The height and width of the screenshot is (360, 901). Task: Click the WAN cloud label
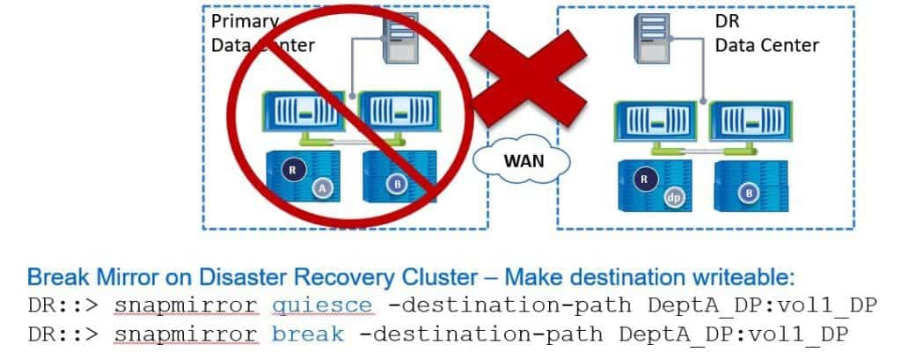click(x=523, y=161)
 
